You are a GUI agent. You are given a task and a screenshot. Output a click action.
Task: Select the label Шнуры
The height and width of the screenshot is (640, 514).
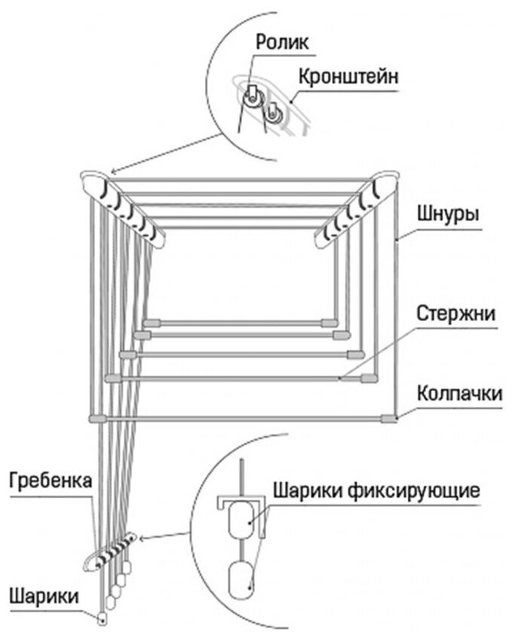tap(447, 214)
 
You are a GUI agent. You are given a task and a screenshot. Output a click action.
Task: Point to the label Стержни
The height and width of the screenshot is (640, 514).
tap(456, 314)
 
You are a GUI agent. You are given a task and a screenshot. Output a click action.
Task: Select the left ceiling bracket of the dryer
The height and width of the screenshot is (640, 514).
tap(123, 203)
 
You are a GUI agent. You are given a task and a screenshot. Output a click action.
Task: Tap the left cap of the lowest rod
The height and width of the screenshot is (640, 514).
tap(98, 418)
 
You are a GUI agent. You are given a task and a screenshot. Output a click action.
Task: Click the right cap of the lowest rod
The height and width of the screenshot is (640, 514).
tap(387, 418)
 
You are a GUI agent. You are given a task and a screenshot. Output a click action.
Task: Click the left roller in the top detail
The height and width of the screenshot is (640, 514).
tap(251, 96)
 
